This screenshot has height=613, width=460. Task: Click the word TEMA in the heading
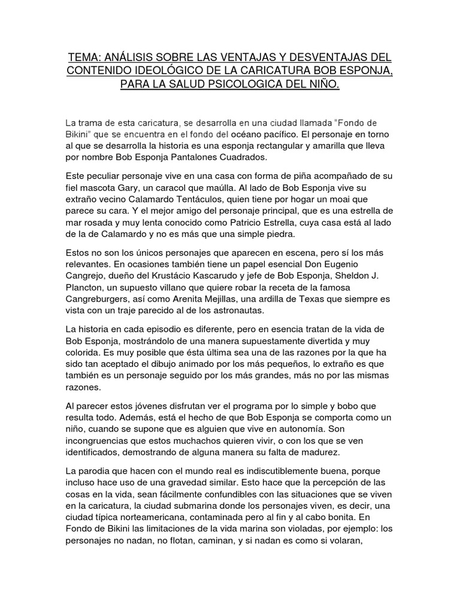click(84, 57)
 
